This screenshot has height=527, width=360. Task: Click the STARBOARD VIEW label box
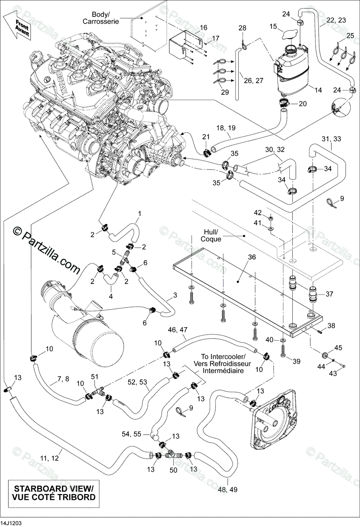[53, 493]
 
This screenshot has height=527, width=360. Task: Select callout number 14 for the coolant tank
[318, 90]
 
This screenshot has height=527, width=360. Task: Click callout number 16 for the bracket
[203, 28]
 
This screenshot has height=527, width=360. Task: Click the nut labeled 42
[271, 217]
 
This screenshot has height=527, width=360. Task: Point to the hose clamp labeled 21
[207, 152]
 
